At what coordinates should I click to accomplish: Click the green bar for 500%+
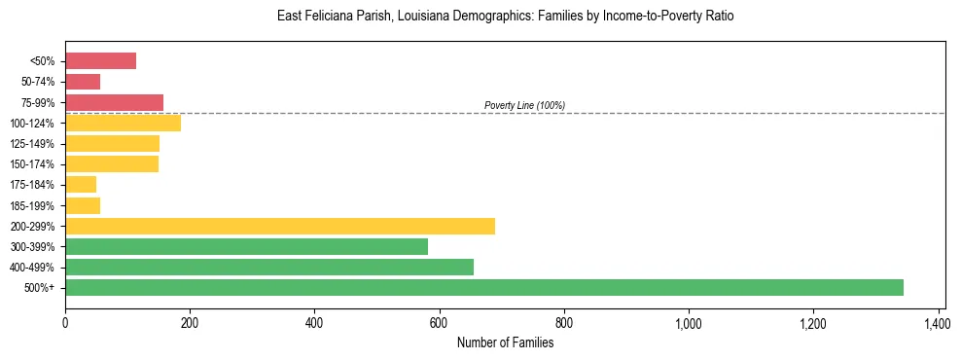click(484, 287)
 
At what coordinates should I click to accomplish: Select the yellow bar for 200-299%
click(280, 226)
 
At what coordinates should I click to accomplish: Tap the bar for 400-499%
click(269, 267)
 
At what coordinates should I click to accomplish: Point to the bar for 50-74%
click(83, 82)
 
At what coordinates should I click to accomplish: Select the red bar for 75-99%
click(114, 102)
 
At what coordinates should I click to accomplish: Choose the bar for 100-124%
click(123, 123)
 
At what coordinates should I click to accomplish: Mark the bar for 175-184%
click(81, 185)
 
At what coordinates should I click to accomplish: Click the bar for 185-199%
click(83, 205)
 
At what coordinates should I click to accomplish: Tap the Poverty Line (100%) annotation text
click(524, 105)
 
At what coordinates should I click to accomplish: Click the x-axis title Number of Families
click(505, 342)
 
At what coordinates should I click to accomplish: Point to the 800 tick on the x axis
click(564, 320)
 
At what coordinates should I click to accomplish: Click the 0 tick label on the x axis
click(65, 320)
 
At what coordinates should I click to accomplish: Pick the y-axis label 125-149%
click(32, 144)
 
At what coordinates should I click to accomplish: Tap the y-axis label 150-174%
click(32, 164)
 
